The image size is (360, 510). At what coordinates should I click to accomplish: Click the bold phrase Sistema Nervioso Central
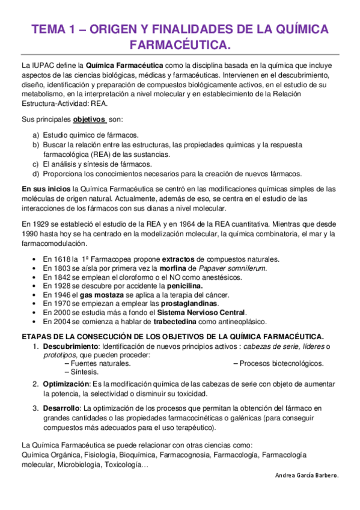(201, 313)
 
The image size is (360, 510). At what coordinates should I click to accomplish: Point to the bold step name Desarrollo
(61, 409)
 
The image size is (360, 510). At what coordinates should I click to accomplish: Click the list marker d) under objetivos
(35, 174)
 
